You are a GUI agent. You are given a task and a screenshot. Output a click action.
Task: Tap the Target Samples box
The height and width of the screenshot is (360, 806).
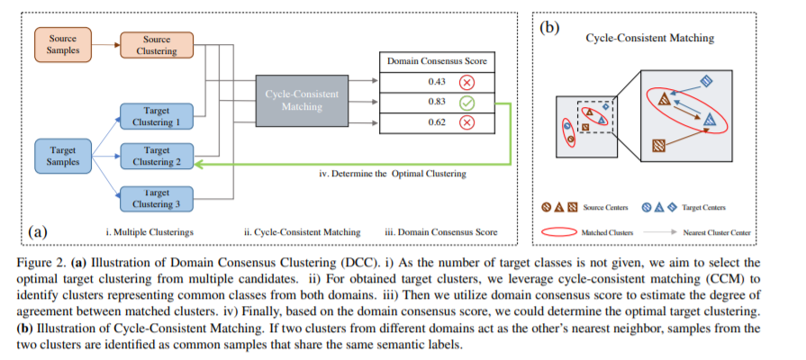click(64, 155)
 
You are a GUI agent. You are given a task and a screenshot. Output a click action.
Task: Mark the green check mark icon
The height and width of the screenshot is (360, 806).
click(466, 103)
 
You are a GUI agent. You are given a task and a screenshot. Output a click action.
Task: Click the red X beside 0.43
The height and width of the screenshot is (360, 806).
click(466, 82)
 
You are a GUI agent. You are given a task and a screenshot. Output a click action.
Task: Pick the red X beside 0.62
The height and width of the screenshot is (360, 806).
click(466, 122)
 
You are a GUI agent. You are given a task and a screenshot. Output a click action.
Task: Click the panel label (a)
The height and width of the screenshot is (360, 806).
click(38, 230)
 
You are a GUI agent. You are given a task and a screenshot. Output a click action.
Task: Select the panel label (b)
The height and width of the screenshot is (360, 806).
click(548, 25)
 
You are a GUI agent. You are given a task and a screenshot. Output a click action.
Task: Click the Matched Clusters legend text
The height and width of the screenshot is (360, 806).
click(607, 231)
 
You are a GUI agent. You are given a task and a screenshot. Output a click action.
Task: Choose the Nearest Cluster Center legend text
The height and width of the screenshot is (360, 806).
click(720, 231)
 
